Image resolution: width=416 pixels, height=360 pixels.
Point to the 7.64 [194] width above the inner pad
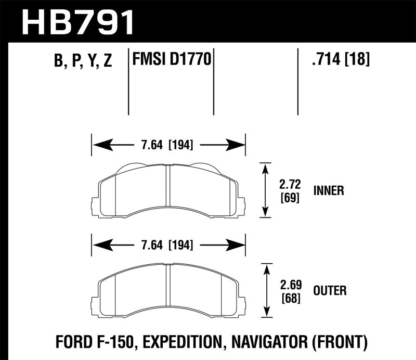click(x=168, y=145)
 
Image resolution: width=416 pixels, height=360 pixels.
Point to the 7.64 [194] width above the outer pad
click(x=168, y=245)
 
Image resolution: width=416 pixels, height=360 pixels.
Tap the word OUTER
click(x=330, y=290)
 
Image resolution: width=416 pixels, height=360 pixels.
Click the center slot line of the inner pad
click(x=168, y=190)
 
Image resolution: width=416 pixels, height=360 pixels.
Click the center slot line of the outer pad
click(x=168, y=289)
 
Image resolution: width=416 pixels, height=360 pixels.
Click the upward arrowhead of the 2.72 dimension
click(x=266, y=167)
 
